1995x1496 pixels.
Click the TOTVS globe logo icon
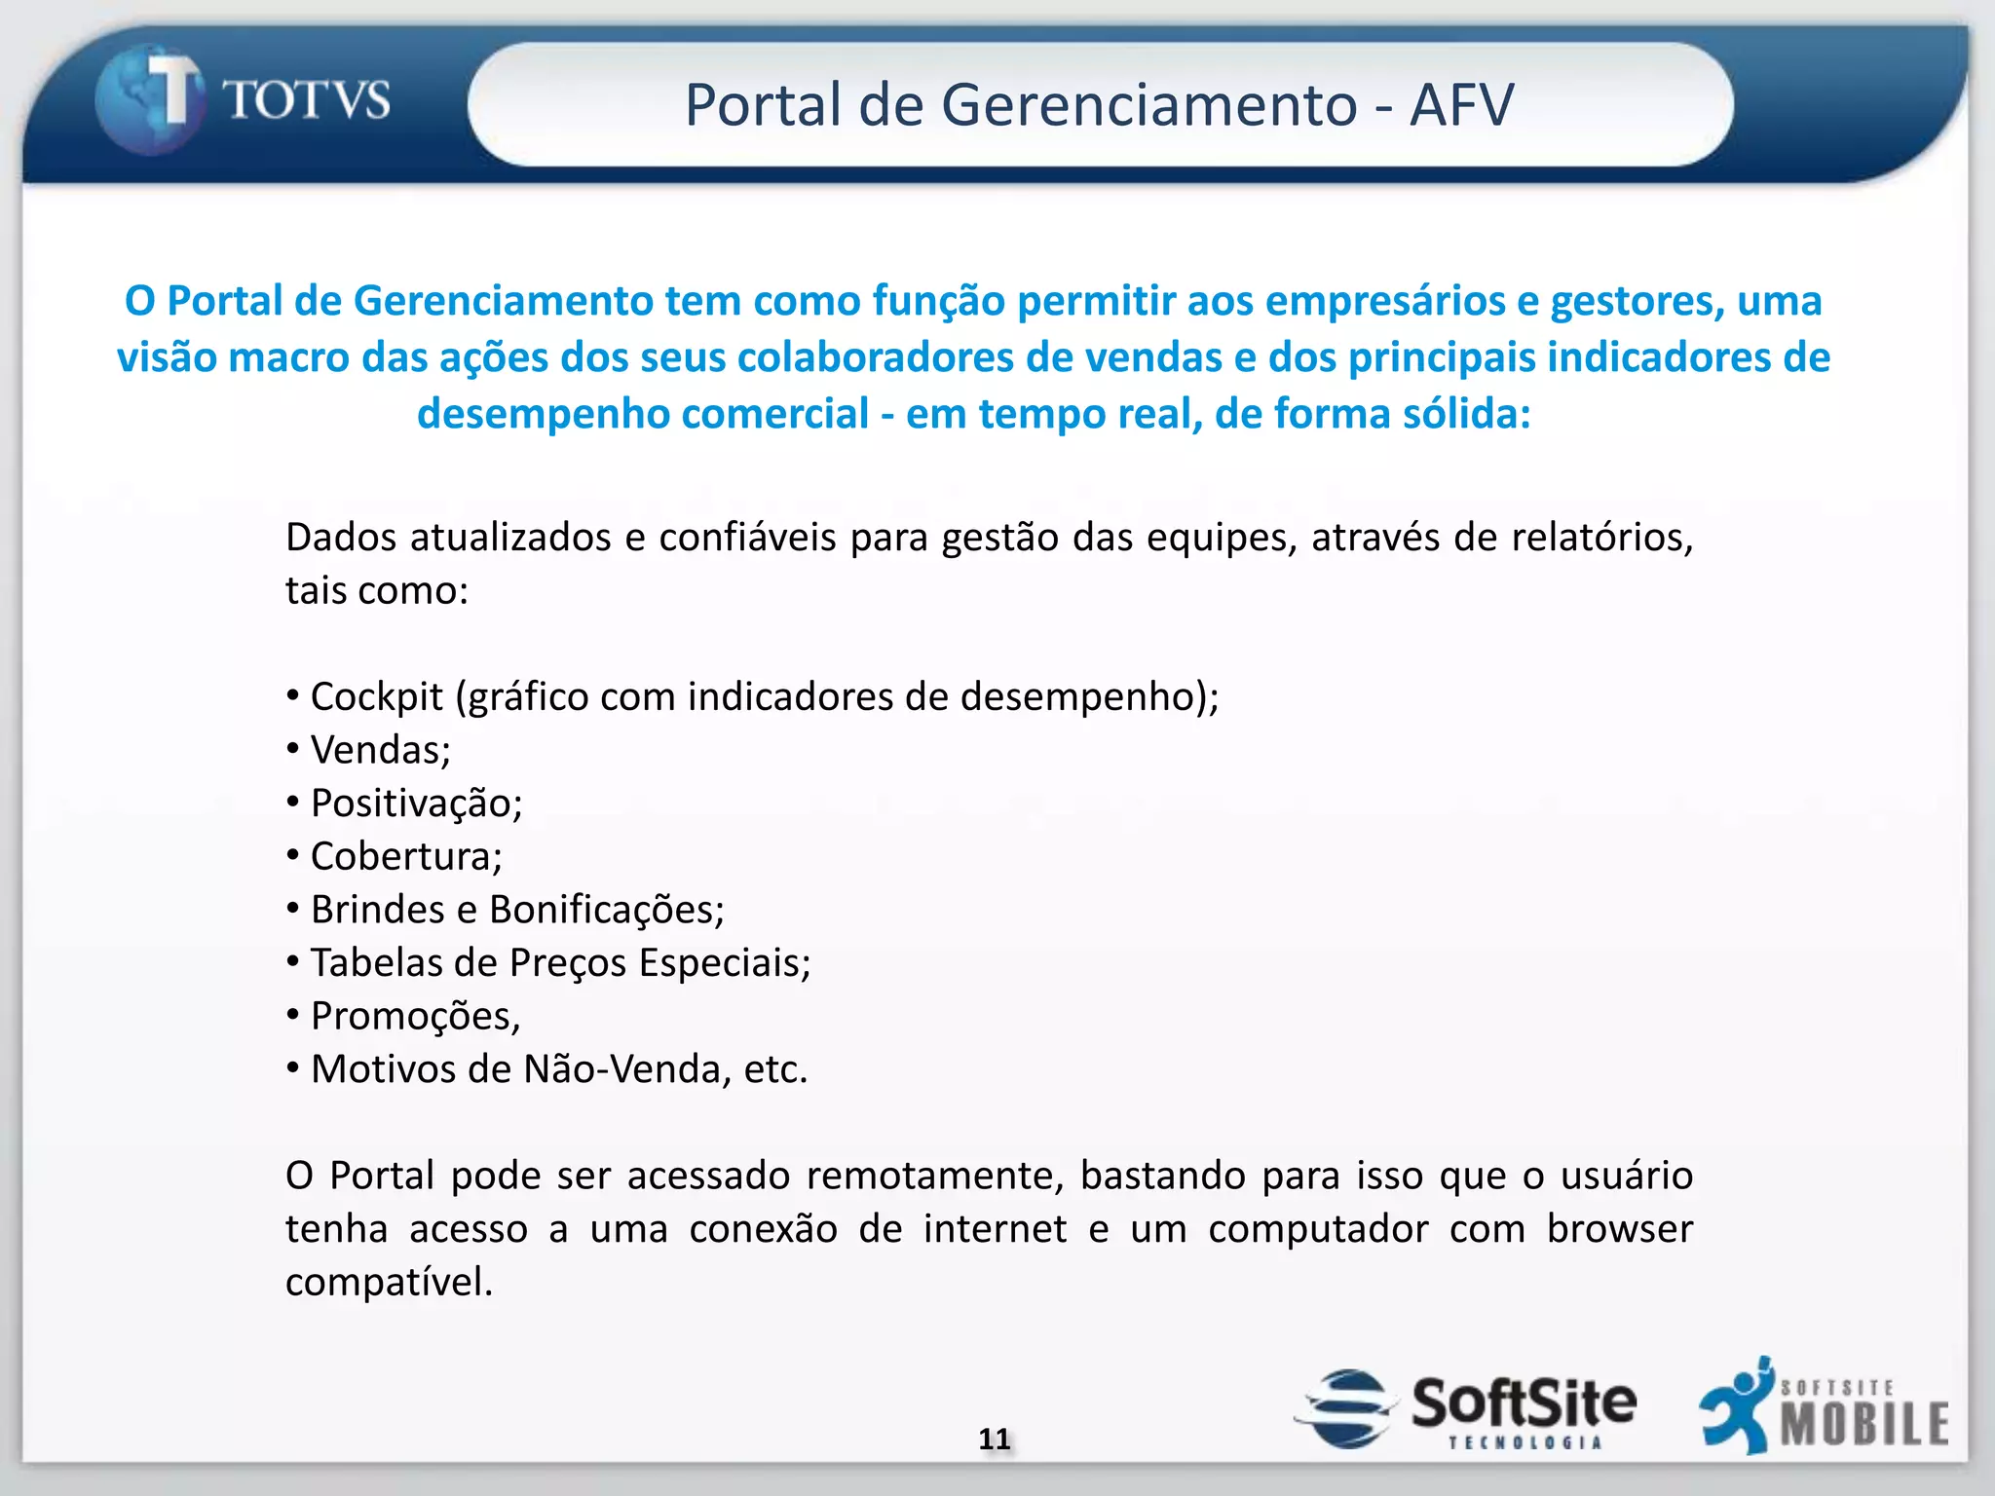(148, 101)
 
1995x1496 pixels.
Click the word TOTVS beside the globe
(307, 100)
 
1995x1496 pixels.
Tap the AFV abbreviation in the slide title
(1461, 104)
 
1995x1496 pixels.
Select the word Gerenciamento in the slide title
(1148, 104)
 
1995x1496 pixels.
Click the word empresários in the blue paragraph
(1384, 301)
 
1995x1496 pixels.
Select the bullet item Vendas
(380, 750)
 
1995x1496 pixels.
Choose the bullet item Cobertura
(405, 857)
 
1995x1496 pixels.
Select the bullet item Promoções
(415, 1017)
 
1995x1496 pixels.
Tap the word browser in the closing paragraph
(1619, 1229)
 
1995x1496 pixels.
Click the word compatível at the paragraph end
(389, 1283)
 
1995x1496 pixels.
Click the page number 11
(995, 1439)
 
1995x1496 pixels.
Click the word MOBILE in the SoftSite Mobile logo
(1864, 1424)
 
